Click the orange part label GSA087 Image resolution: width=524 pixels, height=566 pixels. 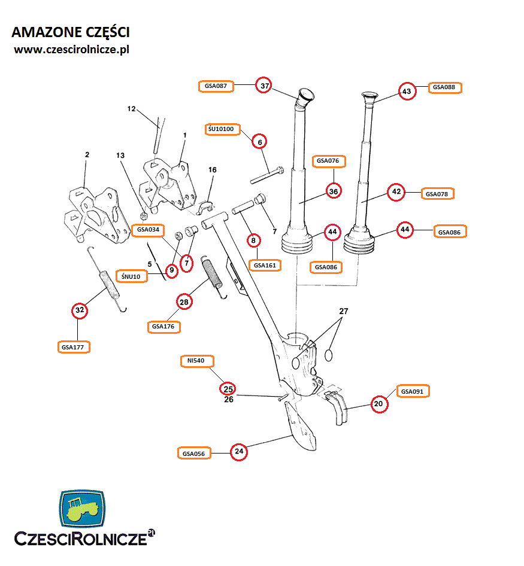[x=216, y=86]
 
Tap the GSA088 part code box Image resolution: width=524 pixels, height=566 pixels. [x=444, y=87]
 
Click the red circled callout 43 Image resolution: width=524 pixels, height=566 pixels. [x=407, y=92]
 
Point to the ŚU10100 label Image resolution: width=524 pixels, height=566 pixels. [x=223, y=129]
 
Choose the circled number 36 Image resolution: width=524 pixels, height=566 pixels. [x=334, y=191]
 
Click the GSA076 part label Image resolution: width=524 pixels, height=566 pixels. [x=328, y=161]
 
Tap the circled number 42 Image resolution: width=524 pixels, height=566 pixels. [x=396, y=193]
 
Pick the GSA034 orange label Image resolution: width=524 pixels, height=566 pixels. [x=149, y=229]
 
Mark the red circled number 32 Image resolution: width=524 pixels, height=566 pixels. [x=79, y=311]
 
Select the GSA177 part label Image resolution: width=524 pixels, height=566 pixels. [x=73, y=346]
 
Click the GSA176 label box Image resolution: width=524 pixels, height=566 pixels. [x=163, y=327]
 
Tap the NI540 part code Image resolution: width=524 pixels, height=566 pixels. [x=196, y=361]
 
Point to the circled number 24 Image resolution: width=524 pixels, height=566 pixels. [x=239, y=452]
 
